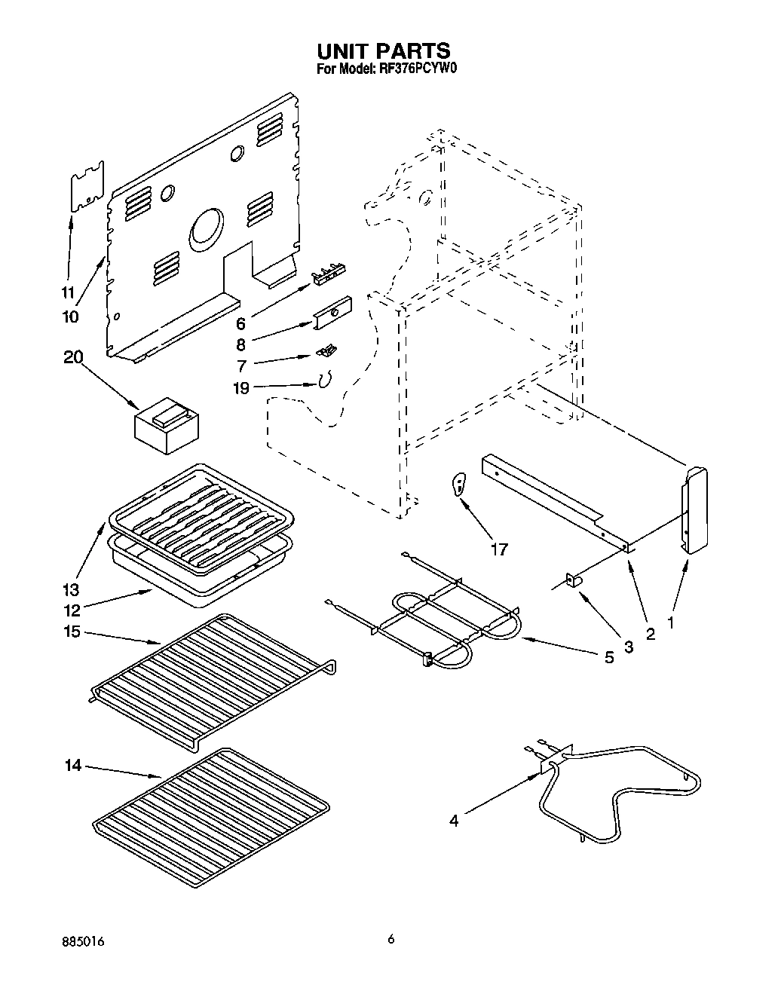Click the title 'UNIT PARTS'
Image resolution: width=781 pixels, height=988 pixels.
(384, 50)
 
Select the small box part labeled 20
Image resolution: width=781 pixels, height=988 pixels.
(166, 427)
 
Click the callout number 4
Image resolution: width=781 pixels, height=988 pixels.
(454, 821)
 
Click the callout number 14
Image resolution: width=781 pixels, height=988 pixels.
(73, 766)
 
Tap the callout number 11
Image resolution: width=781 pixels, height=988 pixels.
(69, 293)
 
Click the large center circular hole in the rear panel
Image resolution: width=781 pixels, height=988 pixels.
(207, 230)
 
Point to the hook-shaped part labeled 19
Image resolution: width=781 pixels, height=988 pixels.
(325, 382)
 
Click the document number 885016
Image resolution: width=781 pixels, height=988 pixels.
(84, 941)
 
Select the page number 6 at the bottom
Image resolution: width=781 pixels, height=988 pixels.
(390, 939)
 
